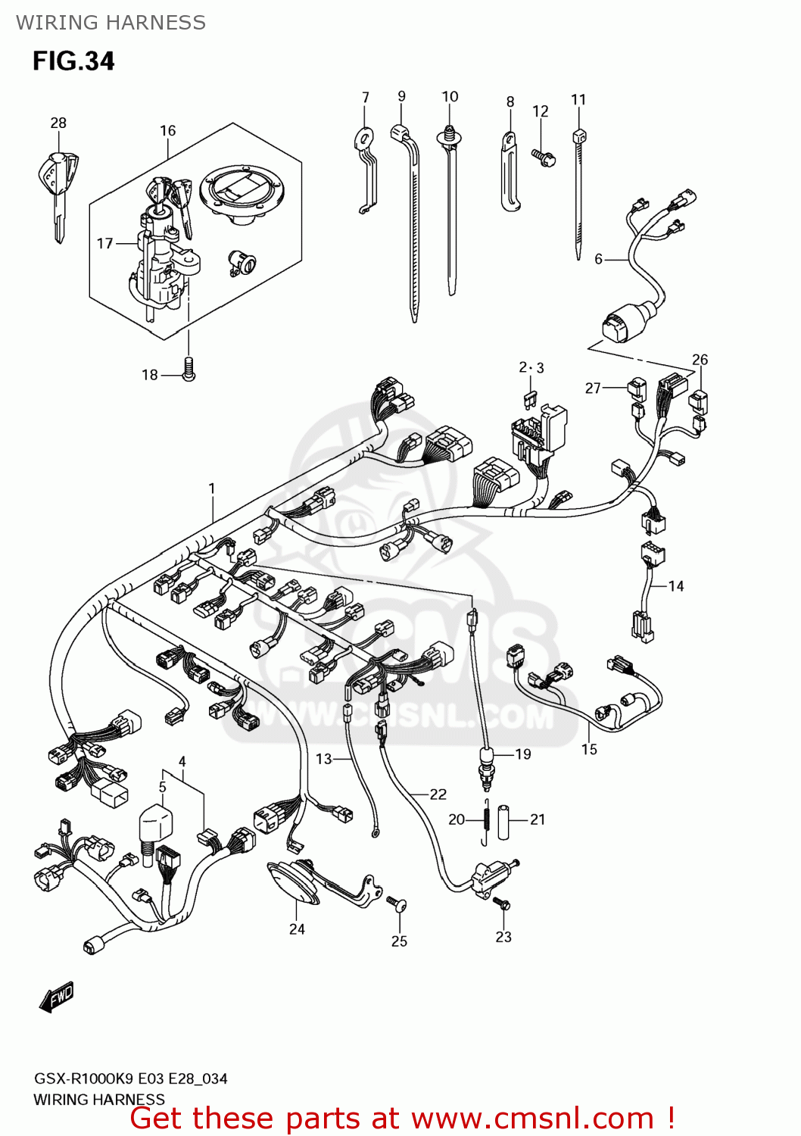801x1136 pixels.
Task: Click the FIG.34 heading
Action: (x=73, y=61)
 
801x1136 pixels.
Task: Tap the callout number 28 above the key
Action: (x=58, y=123)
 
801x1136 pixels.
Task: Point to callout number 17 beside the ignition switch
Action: (x=104, y=243)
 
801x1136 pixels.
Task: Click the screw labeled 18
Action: (x=189, y=370)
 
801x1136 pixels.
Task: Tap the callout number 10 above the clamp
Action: (x=450, y=97)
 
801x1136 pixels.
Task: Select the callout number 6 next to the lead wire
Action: (x=598, y=259)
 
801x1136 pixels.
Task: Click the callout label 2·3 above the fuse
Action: (x=531, y=368)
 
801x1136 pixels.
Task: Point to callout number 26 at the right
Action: (x=700, y=360)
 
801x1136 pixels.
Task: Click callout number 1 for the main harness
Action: (x=212, y=488)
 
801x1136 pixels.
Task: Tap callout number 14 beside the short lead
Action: (x=676, y=585)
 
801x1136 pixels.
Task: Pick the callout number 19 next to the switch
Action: (x=523, y=754)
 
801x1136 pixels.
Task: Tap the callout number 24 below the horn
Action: (x=297, y=929)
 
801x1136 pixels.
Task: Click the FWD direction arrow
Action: (x=58, y=997)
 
